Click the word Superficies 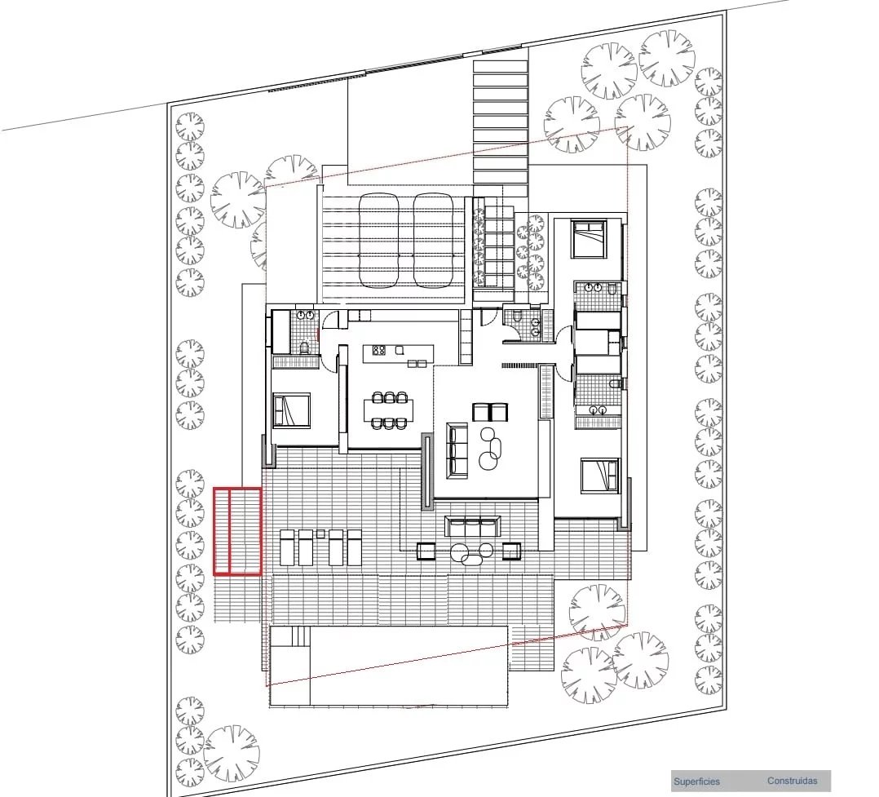[696, 782]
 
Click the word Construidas [792, 781]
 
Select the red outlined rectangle [237, 531]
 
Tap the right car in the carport [432, 240]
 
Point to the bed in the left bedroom [291, 410]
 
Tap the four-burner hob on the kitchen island [379, 351]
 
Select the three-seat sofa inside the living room [457, 450]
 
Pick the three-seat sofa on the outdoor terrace [471, 526]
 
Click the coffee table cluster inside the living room [490, 448]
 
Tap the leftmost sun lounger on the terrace [286, 547]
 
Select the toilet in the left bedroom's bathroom [304, 348]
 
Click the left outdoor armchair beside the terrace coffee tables [427, 551]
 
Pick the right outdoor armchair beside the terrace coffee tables [511, 551]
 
